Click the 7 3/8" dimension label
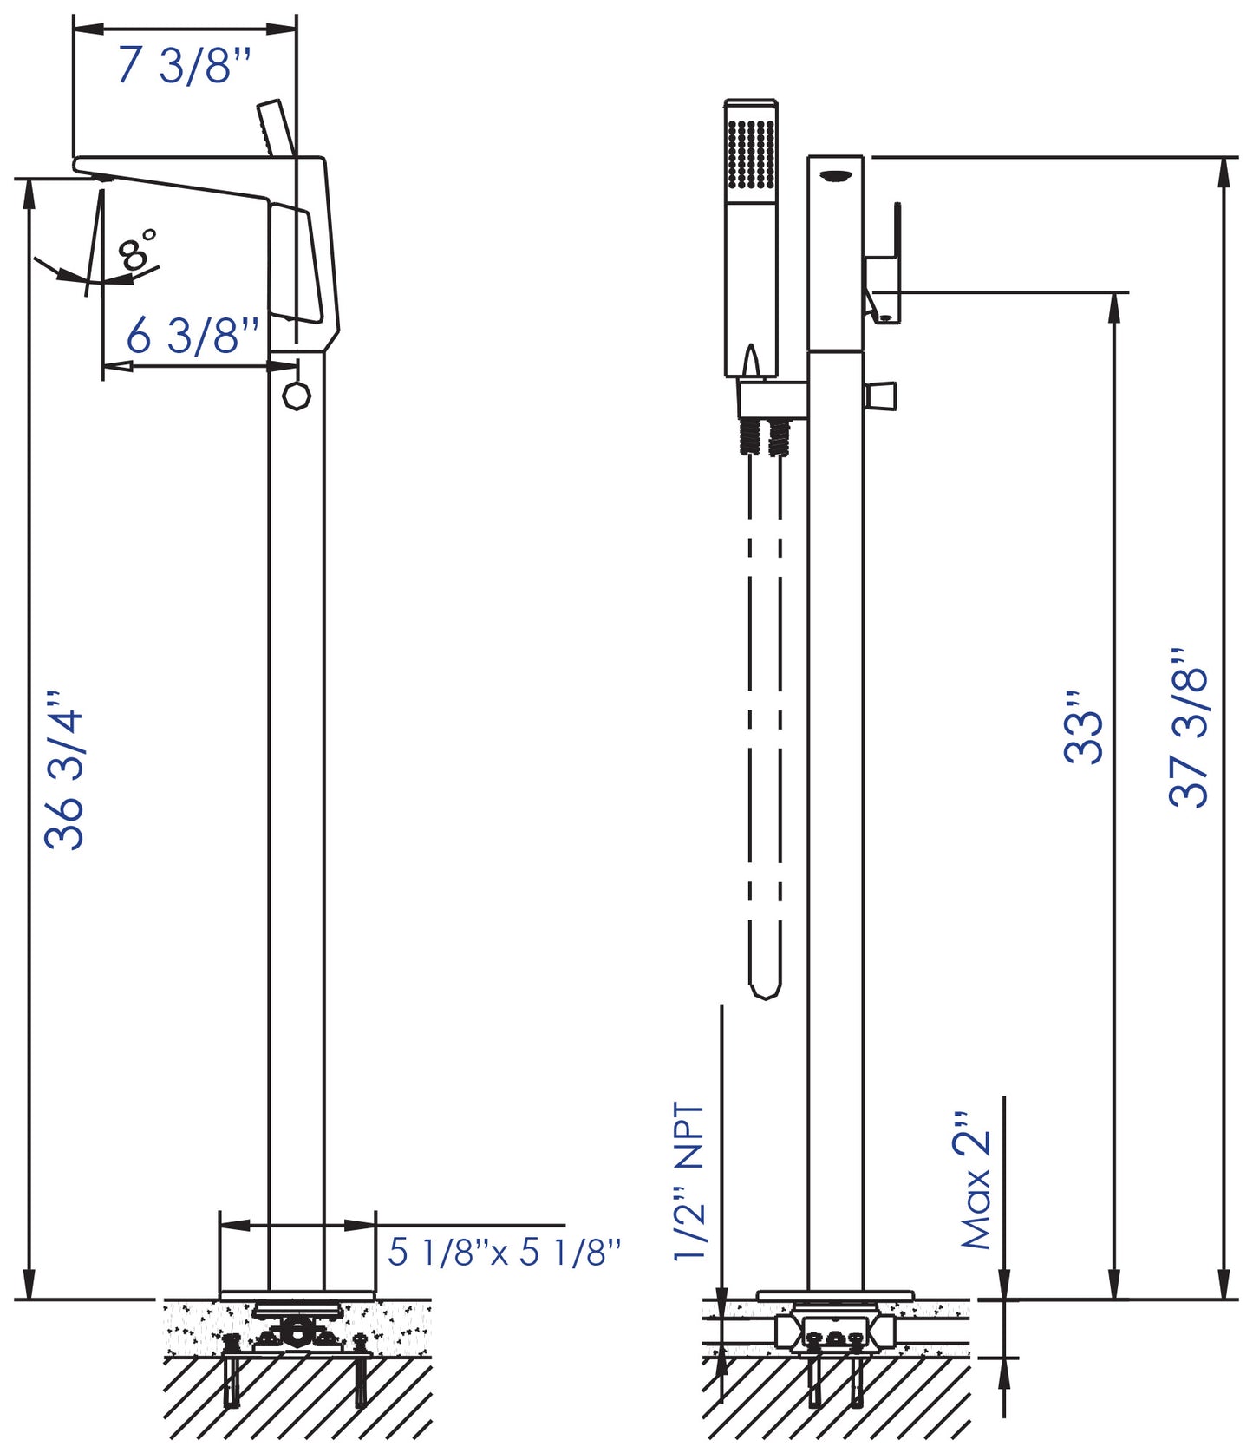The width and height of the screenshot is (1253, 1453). pyautogui.click(x=184, y=65)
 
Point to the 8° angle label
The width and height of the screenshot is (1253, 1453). pyautogui.click(x=138, y=251)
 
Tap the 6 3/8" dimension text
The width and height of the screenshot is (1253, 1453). pyautogui.click(x=193, y=335)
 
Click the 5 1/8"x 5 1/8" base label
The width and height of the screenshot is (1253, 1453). pyautogui.click(x=504, y=1252)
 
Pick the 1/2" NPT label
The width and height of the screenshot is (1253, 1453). pyautogui.click(x=690, y=1181)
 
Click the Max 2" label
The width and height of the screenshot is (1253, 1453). pyautogui.click(x=976, y=1181)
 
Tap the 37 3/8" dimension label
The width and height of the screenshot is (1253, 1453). pyautogui.click(x=1189, y=727)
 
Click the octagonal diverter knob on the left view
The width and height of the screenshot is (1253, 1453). pyautogui.click(x=297, y=396)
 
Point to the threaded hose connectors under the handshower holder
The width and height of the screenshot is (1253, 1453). pyautogui.click(x=766, y=435)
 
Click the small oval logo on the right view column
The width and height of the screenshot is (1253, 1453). pyautogui.click(x=835, y=176)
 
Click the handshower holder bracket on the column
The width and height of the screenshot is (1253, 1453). pyautogui.click(x=772, y=398)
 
